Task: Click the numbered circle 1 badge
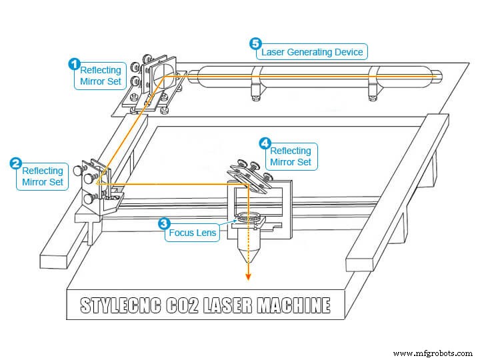75,64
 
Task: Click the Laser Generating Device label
312,51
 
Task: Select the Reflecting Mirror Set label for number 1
100,77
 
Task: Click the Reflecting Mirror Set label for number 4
290,156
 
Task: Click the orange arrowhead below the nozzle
248,278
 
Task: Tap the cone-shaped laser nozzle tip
247,255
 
